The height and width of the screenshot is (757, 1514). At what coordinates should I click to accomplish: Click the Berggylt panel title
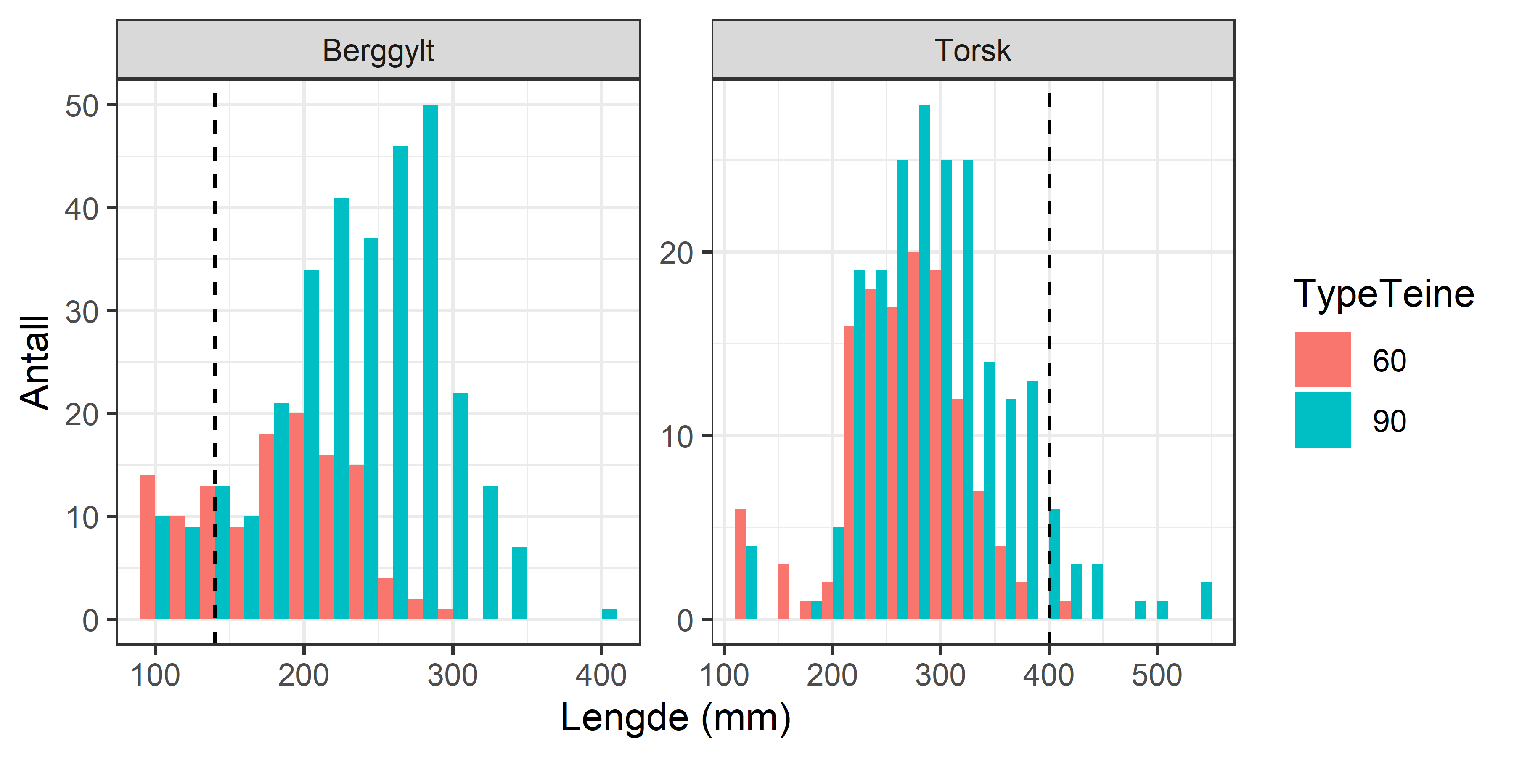coord(378,50)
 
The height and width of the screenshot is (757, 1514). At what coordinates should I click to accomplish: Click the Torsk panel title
coord(973,50)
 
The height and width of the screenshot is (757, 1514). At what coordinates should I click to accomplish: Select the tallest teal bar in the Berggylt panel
coord(430,361)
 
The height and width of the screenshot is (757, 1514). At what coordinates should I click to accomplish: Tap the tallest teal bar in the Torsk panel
coord(924,361)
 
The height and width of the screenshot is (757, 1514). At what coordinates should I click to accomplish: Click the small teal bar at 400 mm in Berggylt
coord(609,614)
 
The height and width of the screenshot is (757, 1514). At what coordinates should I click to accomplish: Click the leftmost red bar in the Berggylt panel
coord(148,547)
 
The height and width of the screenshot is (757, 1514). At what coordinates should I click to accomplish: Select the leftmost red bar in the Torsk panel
coord(741,564)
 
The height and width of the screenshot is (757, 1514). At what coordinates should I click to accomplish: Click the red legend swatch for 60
coord(1322,360)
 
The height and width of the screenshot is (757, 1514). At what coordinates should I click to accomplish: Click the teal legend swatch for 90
coord(1322,420)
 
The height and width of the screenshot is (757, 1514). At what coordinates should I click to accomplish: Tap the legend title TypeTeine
coord(1384,294)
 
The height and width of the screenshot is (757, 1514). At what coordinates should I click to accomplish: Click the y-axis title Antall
coord(34,361)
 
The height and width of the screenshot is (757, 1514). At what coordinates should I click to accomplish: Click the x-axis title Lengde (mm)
coord(675,717)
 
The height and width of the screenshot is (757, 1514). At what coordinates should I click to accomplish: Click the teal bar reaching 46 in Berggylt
coord(400,382)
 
